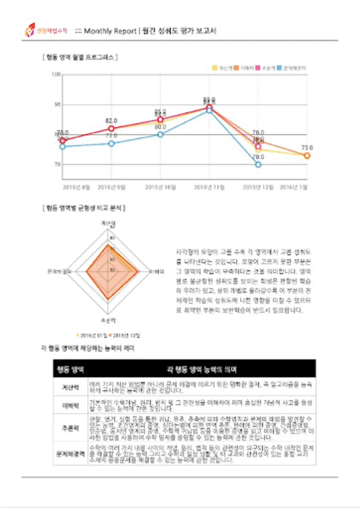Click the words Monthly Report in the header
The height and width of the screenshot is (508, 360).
click(110, 31)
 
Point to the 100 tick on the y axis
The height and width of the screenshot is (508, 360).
click(56, 75)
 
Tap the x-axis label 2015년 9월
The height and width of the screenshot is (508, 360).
click(110, 187)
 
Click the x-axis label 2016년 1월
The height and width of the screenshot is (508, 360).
click(293, 187)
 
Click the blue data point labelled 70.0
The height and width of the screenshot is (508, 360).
click(258, 164)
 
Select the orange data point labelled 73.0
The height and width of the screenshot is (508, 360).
click(307, 155)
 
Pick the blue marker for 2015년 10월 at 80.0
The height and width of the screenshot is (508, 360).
click(160, 135)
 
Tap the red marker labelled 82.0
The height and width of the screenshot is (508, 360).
click(111, 128)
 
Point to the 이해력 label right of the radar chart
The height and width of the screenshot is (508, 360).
click(157, 271)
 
